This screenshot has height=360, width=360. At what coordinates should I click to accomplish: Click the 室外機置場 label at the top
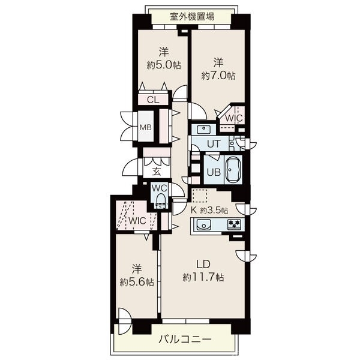pyautogui.click(x=188, y=16)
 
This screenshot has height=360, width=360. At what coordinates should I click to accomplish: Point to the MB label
pyautogui.click(x=146, y=127)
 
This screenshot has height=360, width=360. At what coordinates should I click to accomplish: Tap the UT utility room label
pyautogui.click(x=214, y=144)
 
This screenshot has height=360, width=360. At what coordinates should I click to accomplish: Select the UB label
pyautogui.click(x=213, y=171)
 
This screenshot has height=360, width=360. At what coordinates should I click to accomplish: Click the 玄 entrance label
pyautogui.click(x=156, y=171)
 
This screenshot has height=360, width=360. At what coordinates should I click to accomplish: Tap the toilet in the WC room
pyautogui.click(x=160, y=200)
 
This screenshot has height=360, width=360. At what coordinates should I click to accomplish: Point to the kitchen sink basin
pyautogui.click(x=203, y=226)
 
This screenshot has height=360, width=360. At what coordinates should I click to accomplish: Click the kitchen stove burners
pyautogui.click(x=234, y=226)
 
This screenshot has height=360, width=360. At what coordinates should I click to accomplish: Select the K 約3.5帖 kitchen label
pyautogui.click(x=210, y=211)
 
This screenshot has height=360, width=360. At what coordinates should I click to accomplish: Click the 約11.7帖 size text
pyautogui.click(x=204, y=278)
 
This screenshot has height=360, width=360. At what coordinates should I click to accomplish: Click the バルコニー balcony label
pyautogui.click(x=185, y=340)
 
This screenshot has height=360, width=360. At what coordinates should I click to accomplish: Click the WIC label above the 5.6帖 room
pyautogui.click(x=137, y=220)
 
